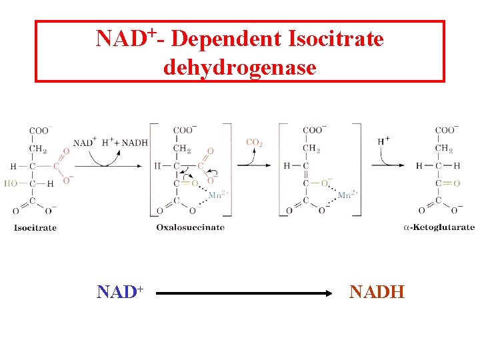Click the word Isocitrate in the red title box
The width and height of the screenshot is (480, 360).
(x=336, y=39)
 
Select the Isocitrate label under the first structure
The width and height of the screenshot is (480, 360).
(x=35, y=228)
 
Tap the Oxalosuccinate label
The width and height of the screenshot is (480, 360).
(x=191, y=227)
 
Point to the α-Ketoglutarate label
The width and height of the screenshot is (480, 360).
(x=439, y=227)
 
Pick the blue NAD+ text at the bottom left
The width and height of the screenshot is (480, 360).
(x=121, y=292)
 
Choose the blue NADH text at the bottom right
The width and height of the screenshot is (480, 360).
(x=377, y=291)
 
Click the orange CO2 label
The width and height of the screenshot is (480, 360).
(x=254, y=142)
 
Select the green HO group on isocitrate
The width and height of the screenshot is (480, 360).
(x=12, y=183)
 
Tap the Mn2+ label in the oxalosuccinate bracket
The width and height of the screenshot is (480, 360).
(x=218, y=195)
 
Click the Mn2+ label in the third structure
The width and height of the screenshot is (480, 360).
(x=347, y=195)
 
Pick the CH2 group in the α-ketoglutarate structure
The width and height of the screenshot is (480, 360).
(x=444, y=148)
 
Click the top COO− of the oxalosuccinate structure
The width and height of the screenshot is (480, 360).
(x=185, y=131)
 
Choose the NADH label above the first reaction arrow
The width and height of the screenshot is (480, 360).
(x=134, y=143)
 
